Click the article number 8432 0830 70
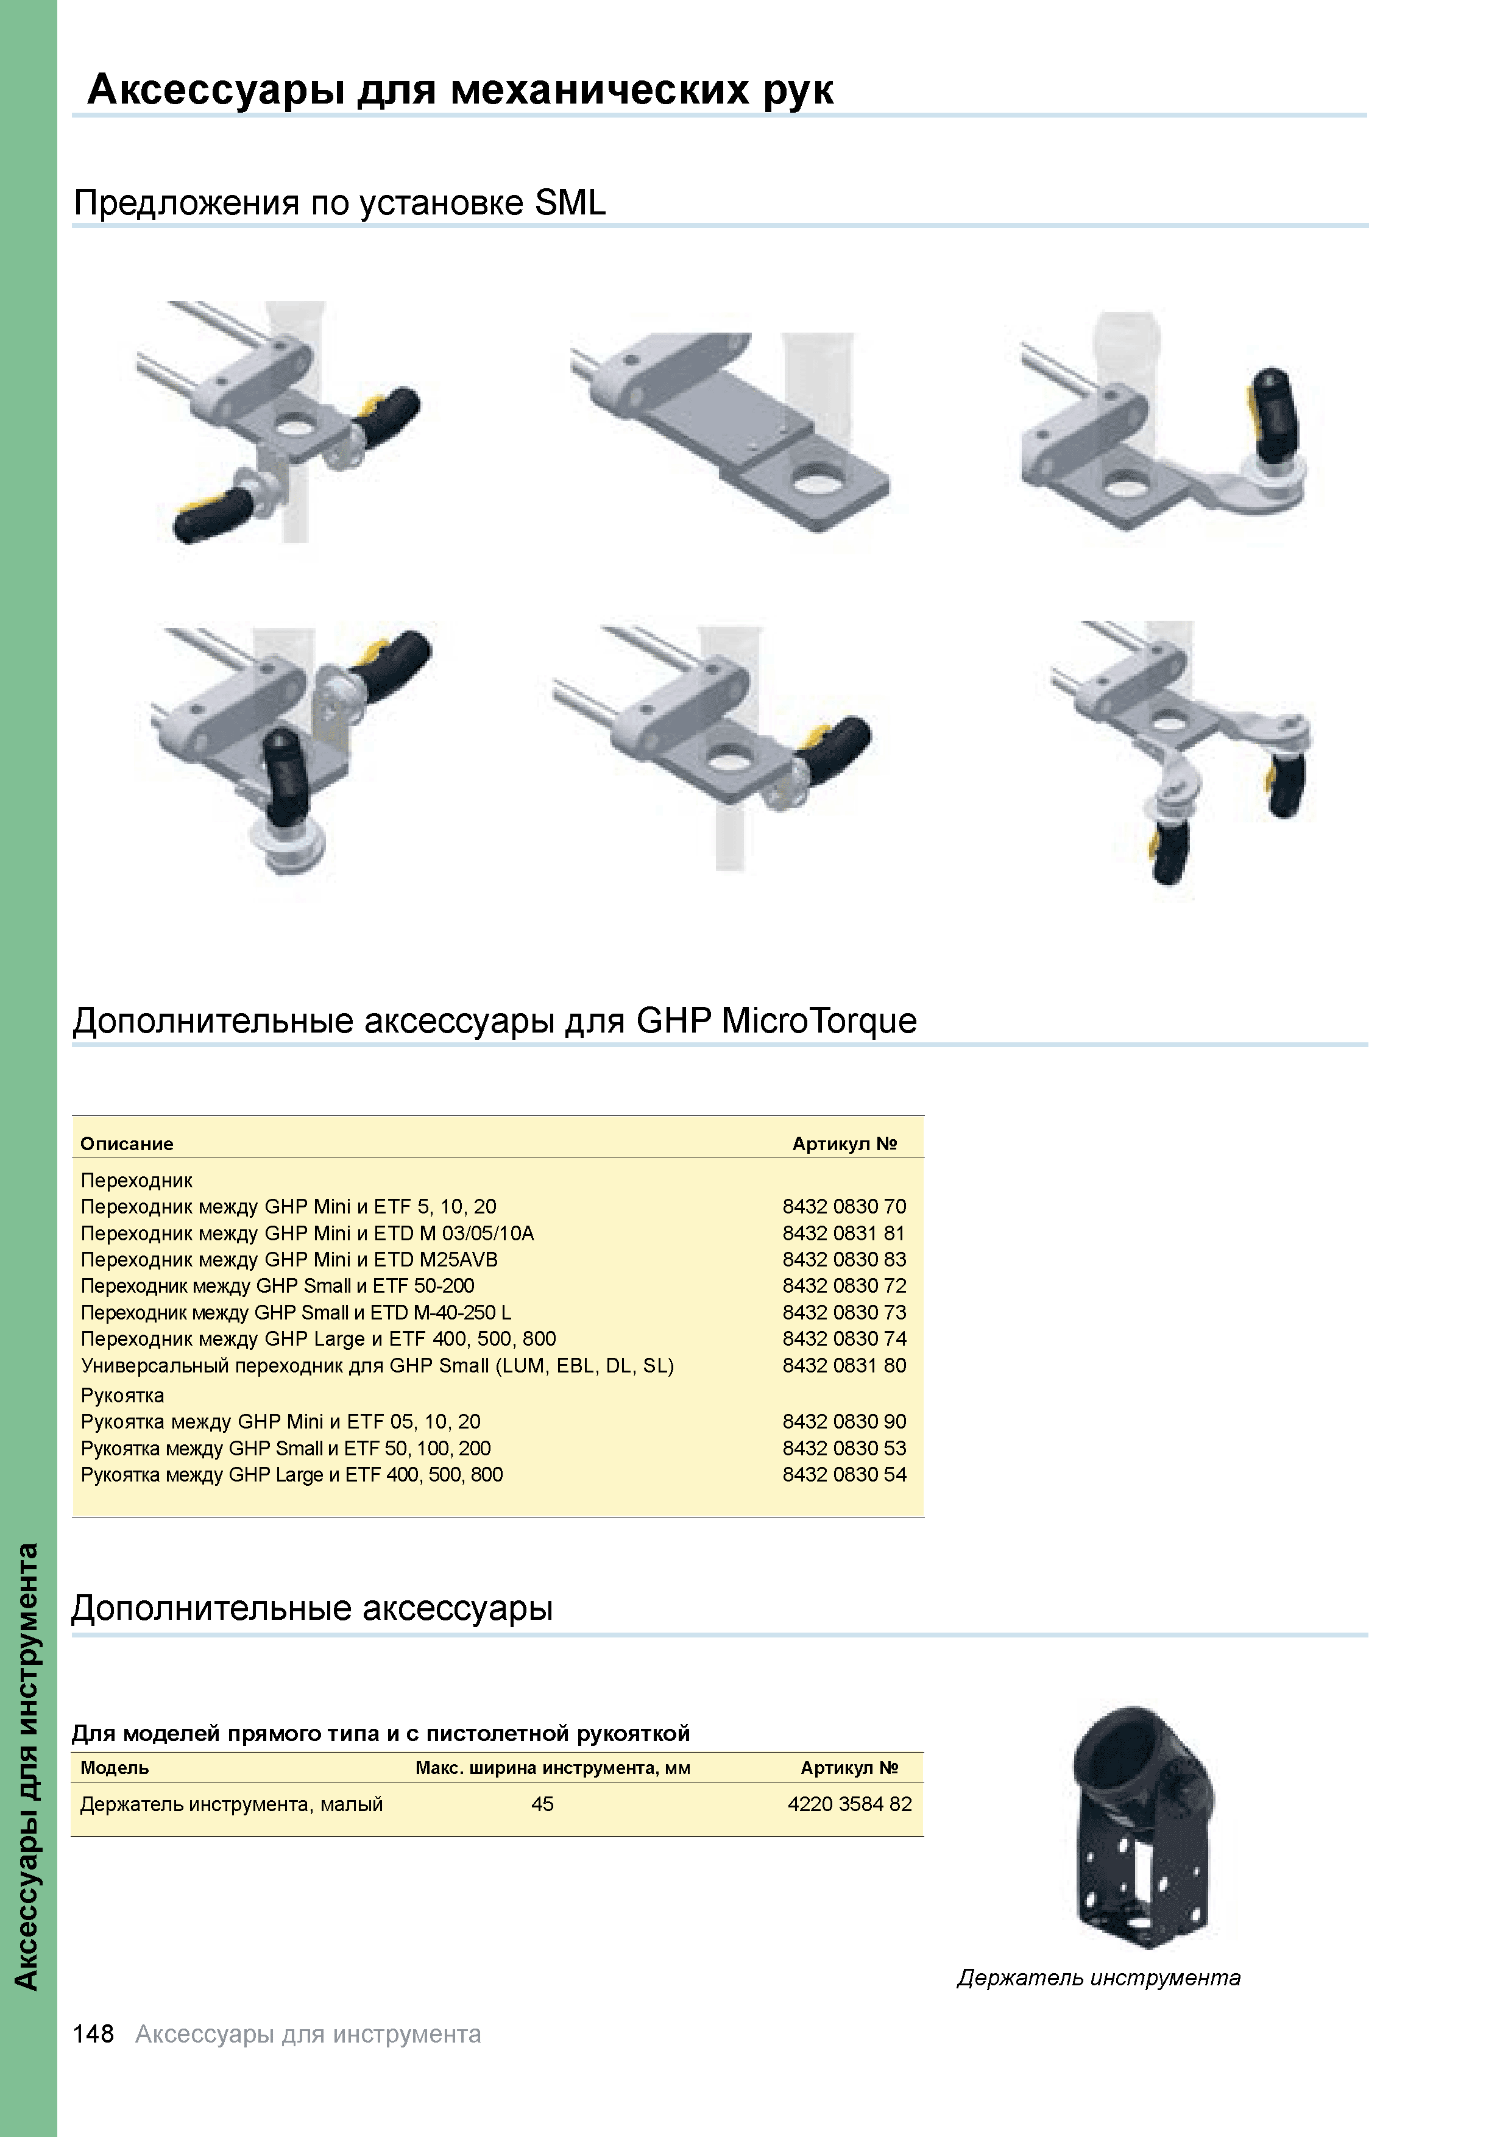pyautogui.click(x=843, y=1206)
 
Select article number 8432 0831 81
pyautogui.click(x=843, y=1233)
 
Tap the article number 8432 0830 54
pyautogui.click(x=843, y=1474)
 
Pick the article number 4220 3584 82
pyautogui.click(x=849, y=1804)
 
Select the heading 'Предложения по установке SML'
pyautogui.click(x=340, y=203)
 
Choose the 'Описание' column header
pyautogui.click(x=127, y=1144)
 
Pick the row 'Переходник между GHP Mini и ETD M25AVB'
pyautogui.click(x=289, y=1259)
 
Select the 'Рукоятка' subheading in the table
pyautogui.click(x=122, y=1395)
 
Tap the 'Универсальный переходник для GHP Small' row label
pyautogui.click(x=377, y=1365)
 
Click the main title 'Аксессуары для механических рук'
pyautogui.click(x=460, y=90)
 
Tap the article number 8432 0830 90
pyautogui.click(x=843, y=1421)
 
